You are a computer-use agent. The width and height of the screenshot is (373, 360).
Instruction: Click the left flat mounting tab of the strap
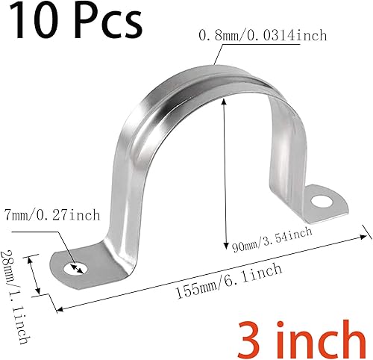tap(71, 266)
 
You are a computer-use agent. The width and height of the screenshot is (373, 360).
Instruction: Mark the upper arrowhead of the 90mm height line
tap(224, 104)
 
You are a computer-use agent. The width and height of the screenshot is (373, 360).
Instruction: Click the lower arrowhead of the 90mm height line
tap(224, 245)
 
